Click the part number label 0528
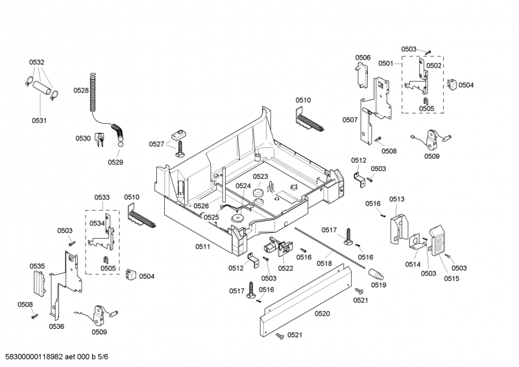coord(80,91)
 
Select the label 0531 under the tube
coord(39,120)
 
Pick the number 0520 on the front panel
coord(322,314)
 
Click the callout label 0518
coord(324,263)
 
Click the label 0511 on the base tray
coord(202,247)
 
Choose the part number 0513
coord(397,199)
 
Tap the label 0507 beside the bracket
coord(350,120)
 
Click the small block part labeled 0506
coord(363,76)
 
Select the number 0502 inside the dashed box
coord(433,65)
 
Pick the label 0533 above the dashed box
coord(101,197)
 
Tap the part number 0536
coord(56,327)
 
